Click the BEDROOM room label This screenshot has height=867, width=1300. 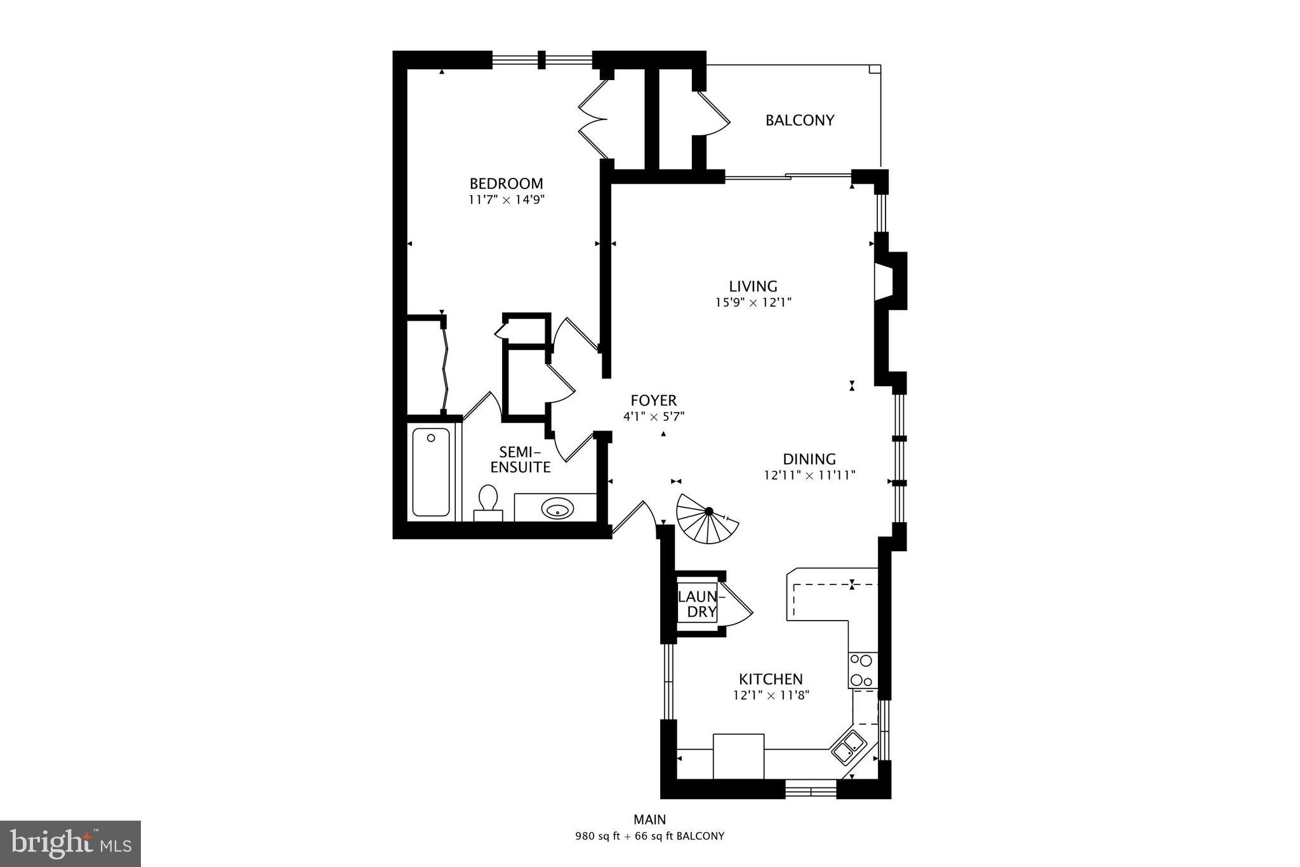pos(506,184)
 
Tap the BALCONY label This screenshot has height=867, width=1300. pos(799,120)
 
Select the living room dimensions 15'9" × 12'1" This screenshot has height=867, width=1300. pos(753,303)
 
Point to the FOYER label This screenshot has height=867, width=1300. pos(653,401)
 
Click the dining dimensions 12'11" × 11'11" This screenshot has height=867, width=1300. pos(809,475)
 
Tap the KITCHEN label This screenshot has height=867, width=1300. pos(771,679)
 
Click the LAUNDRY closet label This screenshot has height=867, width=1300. pos(698,604)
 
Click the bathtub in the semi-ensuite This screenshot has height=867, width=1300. pos(431,471)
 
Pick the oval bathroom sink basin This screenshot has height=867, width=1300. pos(557,508)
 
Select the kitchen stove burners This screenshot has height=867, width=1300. pos(862,669)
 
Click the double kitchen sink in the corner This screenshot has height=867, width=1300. pos(848,746)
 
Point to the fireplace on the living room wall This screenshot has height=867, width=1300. pos(889,281)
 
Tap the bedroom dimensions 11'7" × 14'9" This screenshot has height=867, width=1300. pos(507,200)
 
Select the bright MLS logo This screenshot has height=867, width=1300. pos(70,843)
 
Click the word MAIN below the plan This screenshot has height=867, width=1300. pos(649,819)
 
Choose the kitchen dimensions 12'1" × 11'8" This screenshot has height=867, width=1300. pos(771,696)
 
